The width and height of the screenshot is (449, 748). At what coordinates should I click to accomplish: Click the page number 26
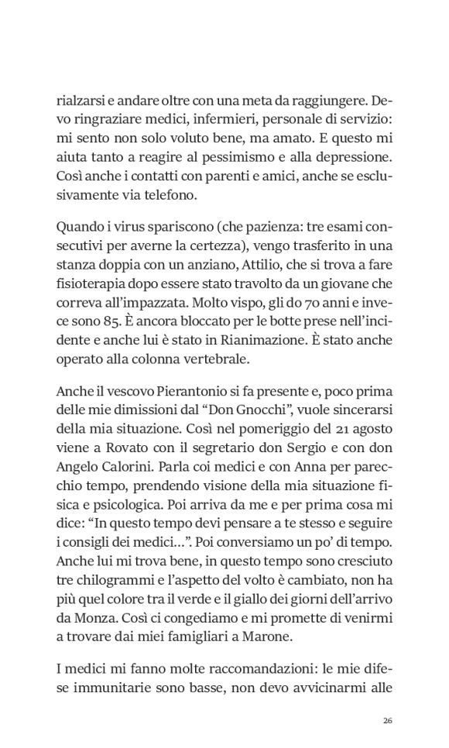389,720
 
